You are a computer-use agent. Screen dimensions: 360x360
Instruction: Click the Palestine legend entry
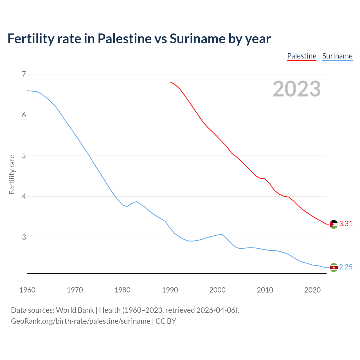301,56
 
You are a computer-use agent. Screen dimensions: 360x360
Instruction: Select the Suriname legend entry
337,56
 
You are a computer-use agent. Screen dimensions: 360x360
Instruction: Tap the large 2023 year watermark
296,89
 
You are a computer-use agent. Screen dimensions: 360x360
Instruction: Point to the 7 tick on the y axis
24,74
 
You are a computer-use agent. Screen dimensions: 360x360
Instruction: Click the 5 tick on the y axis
24,156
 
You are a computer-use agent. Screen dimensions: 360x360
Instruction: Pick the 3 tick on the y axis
24,237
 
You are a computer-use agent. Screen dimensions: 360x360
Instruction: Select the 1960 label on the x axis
27,290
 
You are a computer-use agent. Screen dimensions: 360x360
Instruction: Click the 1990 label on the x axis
170,290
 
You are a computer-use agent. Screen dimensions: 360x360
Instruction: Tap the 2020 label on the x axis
312,290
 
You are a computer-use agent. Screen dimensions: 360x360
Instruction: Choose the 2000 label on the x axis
217,290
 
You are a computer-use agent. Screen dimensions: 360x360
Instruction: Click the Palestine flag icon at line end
334,224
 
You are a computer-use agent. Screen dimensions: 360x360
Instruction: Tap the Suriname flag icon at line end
334,267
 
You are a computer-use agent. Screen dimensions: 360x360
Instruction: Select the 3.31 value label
346,224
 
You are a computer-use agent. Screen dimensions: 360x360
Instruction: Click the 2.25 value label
346,267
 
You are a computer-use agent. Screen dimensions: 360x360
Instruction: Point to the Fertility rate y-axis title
12,174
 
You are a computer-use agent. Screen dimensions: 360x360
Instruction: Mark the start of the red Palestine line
170,82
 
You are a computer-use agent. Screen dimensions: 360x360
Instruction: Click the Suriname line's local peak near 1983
136,201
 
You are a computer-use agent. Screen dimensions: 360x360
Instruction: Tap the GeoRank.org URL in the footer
80,321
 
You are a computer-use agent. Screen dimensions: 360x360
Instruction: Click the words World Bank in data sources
75,310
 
